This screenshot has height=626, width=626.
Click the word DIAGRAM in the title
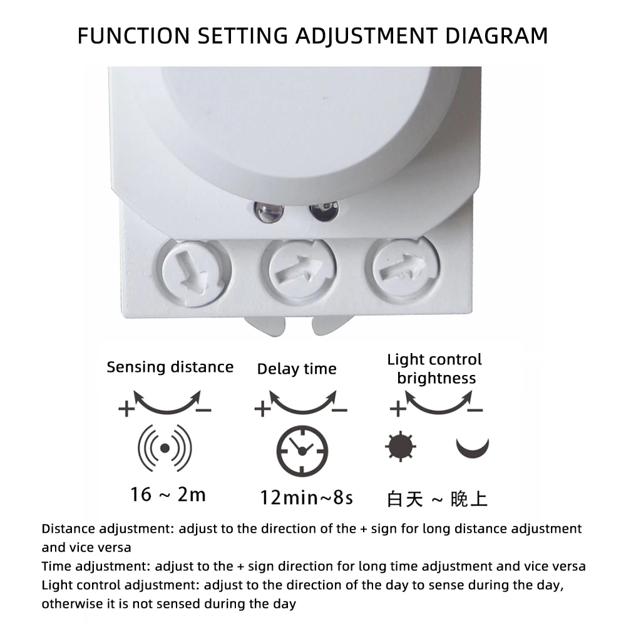pos(496,36)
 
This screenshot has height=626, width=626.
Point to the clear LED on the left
pos(269,212)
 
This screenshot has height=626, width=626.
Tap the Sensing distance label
pos(170,367)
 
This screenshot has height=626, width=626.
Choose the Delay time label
pos(297,369)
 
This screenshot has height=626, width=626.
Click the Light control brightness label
pos(435,369)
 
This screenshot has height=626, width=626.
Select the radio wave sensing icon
pos(165,448)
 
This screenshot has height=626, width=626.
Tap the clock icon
pos(302,451)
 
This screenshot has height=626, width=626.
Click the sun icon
pos(401,446)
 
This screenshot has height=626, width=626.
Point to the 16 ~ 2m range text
pos(168,495)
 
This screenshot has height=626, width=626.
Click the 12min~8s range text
pos(307,498)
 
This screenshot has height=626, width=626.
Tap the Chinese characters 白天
pos(405,500)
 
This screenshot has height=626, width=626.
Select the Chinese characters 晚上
pos(469,500)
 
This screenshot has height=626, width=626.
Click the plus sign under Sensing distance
pos(126,409)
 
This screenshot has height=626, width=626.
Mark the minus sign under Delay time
pos(339,410)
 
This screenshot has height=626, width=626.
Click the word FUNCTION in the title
pos(133,36)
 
